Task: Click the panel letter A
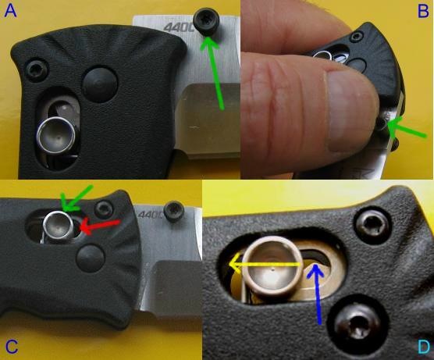point(10,12)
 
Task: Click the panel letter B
point(422,12)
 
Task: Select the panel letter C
point(12,346)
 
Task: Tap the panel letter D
point(424,347)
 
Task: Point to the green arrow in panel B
point(407,128)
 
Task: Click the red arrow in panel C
point(100,226)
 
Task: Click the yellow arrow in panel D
point(265,265)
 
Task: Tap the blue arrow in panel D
point(317,294)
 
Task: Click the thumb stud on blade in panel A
point(207,25)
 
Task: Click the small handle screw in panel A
point(36,70)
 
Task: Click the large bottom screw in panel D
point(356,326)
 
